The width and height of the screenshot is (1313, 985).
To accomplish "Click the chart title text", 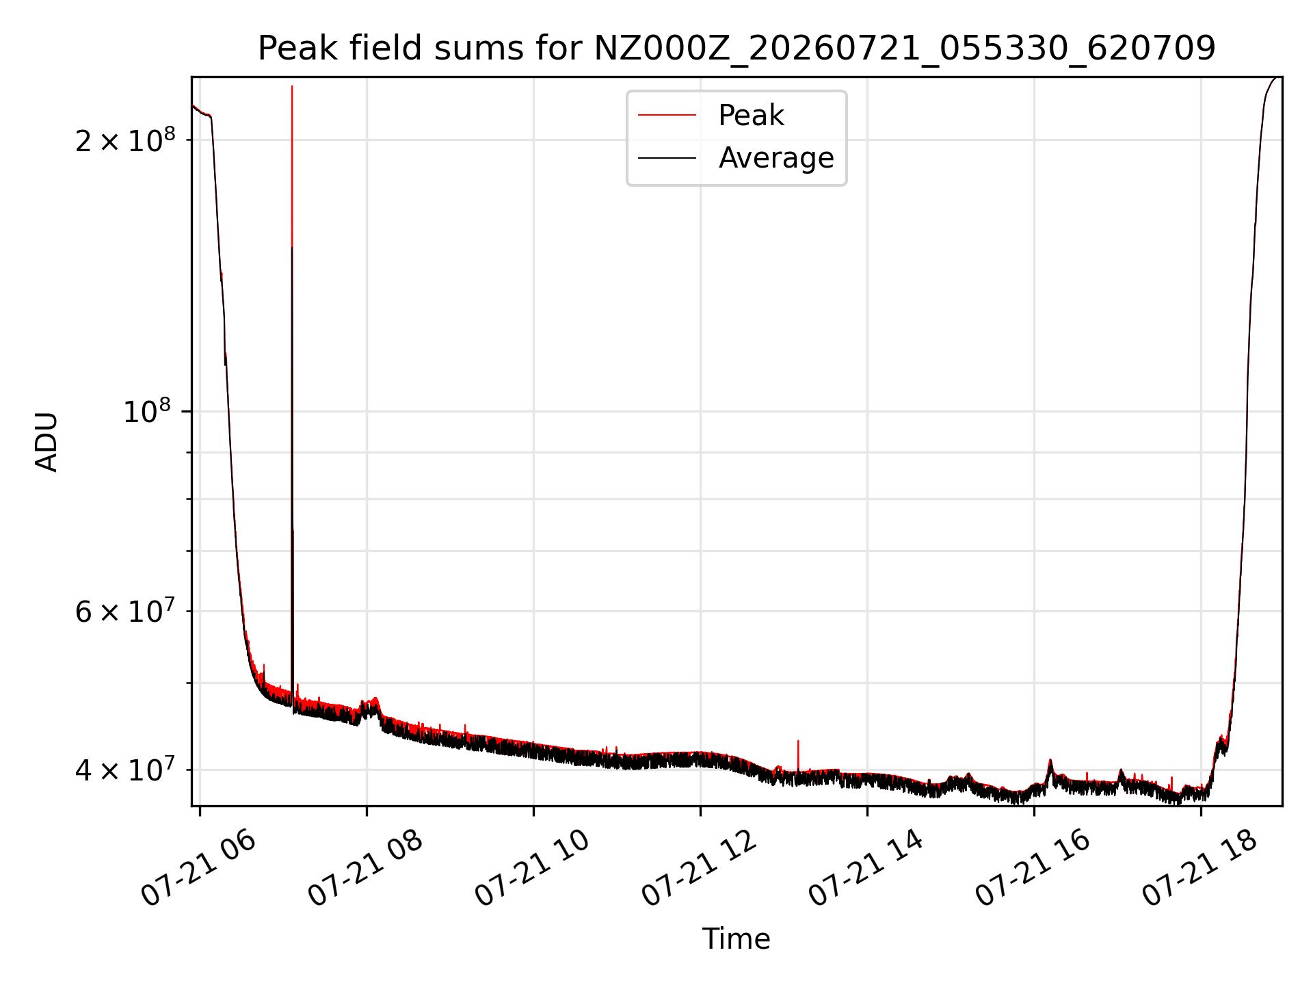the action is pos(737,49).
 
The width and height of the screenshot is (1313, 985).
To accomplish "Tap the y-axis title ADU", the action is pos(47,442).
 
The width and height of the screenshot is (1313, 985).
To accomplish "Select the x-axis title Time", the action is pos(736,939).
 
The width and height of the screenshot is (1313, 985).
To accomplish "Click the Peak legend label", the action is pos(751,116).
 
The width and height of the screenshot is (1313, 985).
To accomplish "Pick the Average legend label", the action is pos(776,158).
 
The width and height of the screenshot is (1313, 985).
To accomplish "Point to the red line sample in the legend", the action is pos(667,116).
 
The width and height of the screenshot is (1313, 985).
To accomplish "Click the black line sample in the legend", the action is pos(667,158).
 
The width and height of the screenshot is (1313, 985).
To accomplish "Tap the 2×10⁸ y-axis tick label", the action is pos(125,140).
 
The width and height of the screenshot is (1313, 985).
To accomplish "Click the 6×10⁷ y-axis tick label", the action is pos(125,611).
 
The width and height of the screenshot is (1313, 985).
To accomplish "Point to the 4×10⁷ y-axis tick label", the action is pos(125,770).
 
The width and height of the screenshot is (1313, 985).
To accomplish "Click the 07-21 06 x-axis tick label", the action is pos(198,868).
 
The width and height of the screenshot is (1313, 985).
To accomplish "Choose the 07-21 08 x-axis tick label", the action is pos(365,868).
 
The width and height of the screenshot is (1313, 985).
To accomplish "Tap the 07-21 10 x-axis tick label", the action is pos(532,868).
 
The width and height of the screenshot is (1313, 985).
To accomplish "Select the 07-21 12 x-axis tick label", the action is pos(700,868).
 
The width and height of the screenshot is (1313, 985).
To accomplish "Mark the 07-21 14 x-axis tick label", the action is pos(866,868).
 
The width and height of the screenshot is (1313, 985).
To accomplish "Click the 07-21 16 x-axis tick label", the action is pos(1033,868).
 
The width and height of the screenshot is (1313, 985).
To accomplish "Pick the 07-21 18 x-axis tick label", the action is pos(1200,868).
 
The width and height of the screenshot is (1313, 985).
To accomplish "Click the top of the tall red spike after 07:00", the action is pos(292,86).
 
